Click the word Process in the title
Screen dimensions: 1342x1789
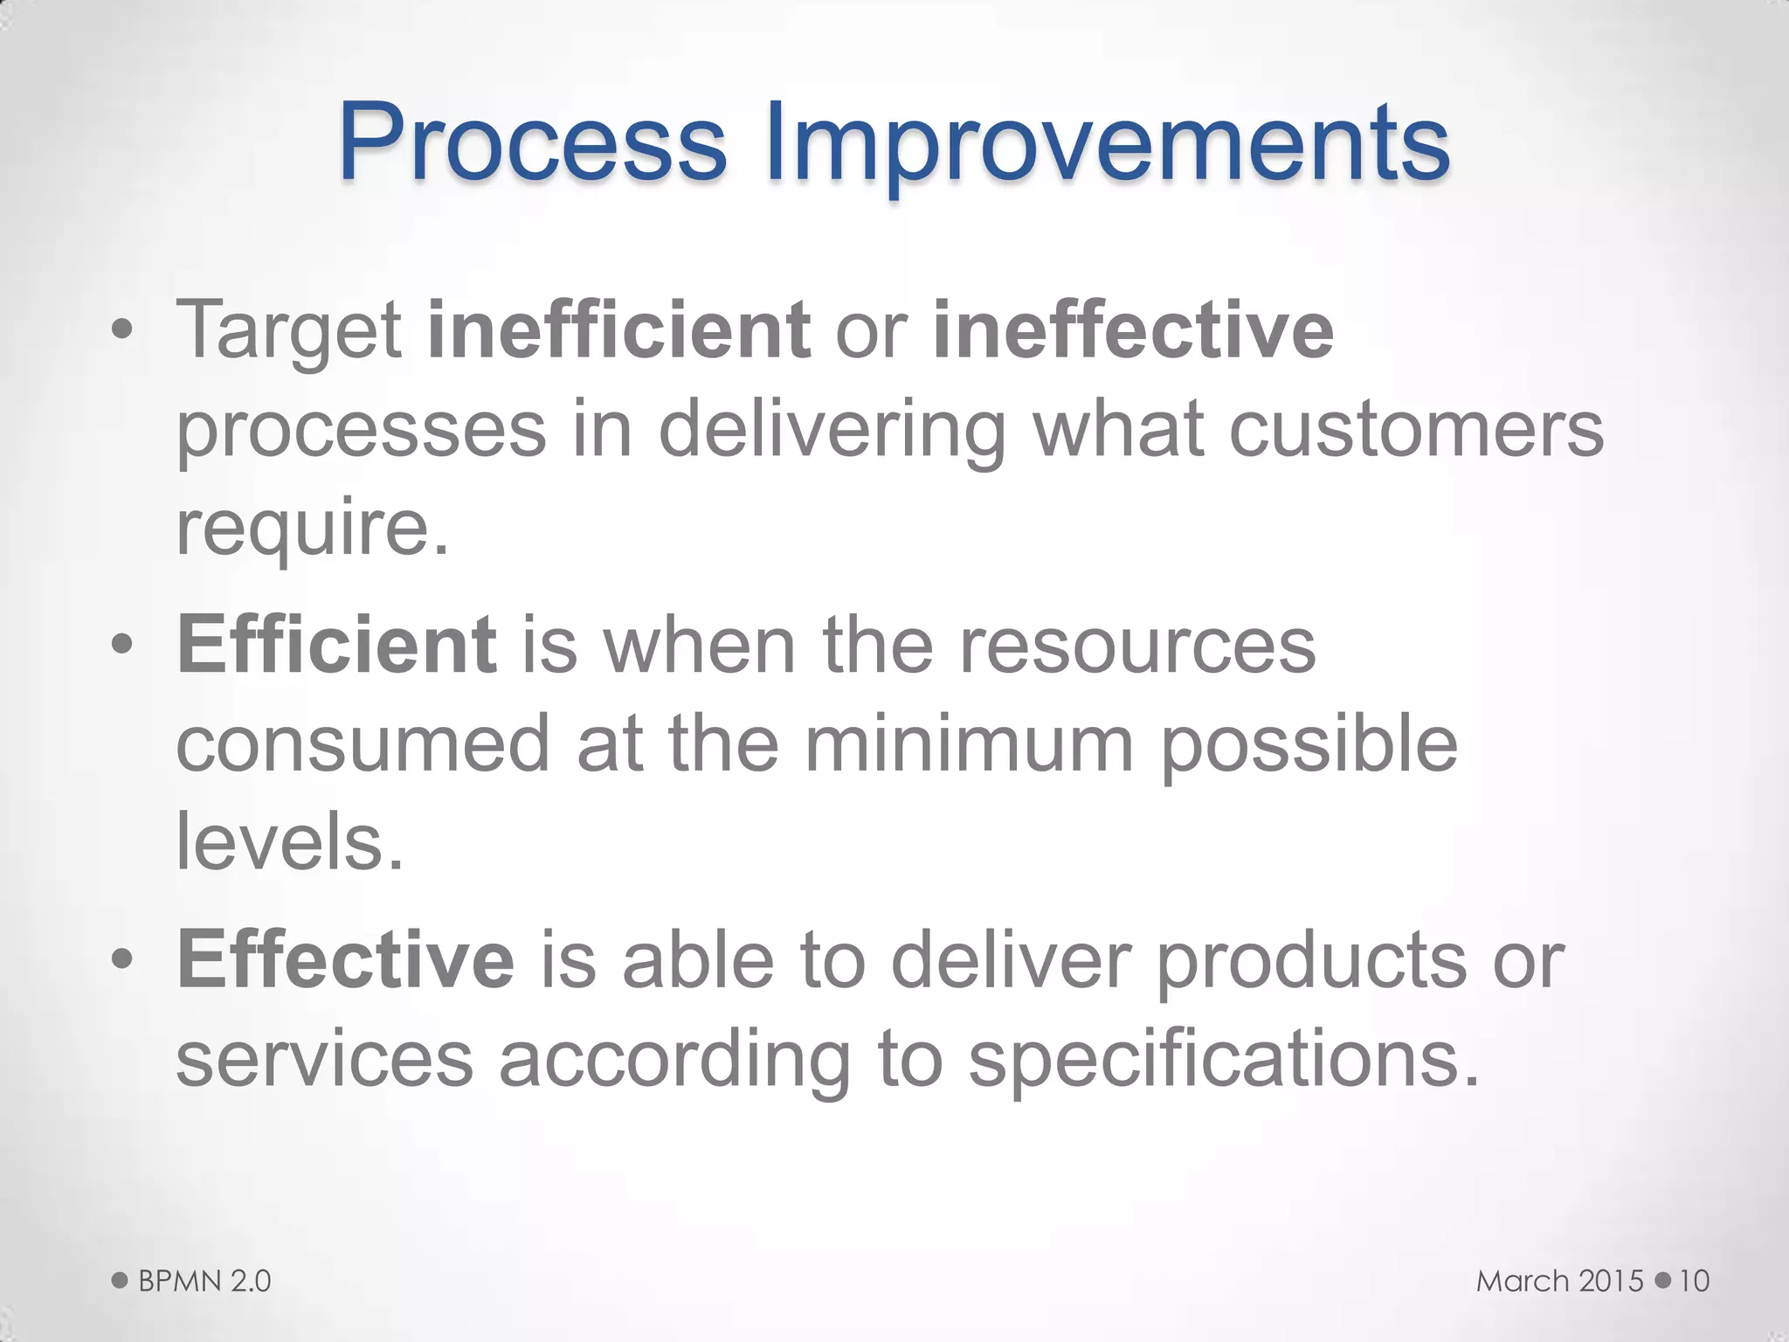point(532,142)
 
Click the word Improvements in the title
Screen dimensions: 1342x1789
point(1108,142)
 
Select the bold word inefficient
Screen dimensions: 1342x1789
point(618,330)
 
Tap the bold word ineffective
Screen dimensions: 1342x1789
point(1133,330)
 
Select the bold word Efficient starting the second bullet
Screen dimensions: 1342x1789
point(336,645)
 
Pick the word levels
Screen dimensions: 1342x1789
point(290,841)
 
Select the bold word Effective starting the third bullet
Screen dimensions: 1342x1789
point(346,959)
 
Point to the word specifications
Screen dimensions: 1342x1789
point(1223,1059)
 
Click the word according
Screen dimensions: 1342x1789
point(674,1059)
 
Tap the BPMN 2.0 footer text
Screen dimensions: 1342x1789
point(204,1281)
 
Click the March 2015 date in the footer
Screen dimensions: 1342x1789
point(1559,1281)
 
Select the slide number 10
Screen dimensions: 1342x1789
point(1694,1281)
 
